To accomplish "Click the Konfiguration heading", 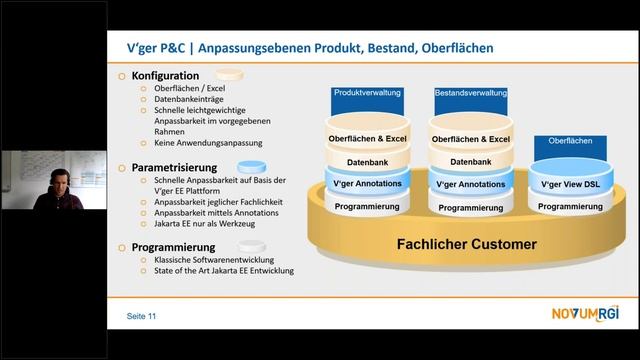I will pos(171,75).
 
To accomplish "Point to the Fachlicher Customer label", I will pos(465,244).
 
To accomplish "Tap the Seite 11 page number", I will pos(141,317).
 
